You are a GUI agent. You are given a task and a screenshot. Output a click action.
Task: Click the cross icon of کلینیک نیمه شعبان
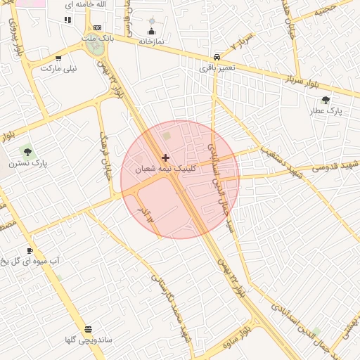tap(165, 157)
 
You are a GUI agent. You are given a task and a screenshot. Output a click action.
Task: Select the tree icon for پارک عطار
tap(326, 100)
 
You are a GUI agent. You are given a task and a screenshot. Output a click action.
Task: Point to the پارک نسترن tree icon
tap(27, 151)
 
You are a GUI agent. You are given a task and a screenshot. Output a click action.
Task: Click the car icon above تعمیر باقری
tap(217, 57)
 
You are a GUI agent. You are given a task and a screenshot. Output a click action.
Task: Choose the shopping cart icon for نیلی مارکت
tap(58, 59)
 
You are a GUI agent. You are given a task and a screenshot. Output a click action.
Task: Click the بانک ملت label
tap(96, 37)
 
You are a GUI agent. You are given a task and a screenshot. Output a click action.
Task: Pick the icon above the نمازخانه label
tap(151, 31)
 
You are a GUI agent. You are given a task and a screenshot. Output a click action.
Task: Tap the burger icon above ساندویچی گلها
tap(88, 329)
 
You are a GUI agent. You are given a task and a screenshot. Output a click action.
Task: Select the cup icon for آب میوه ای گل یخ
tap(30, 250)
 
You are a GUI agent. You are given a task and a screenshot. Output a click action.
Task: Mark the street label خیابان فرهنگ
tap(106, 155)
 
